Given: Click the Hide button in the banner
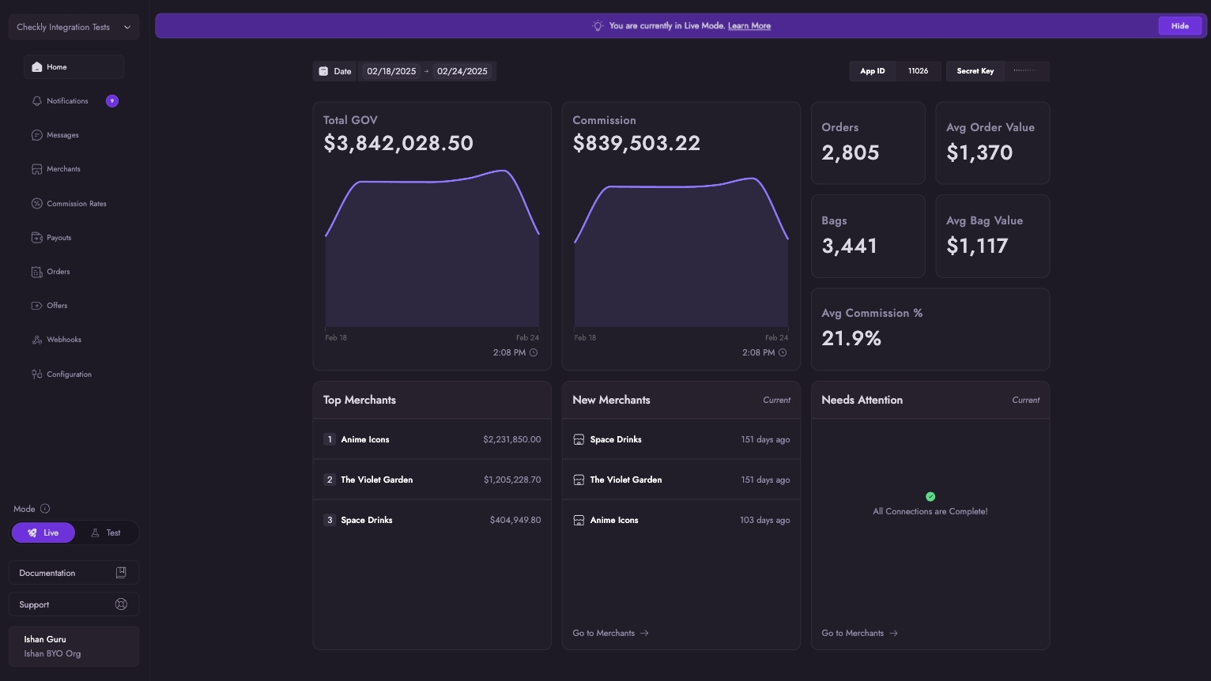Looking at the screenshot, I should (1179, 26).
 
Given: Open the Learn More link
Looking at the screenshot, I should (749, 26).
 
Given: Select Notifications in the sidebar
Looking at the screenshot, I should (67, 101).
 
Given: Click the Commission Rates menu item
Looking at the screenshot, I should (76, 204).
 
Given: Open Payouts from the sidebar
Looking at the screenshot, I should (58, 238).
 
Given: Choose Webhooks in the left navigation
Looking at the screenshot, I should (63, 340).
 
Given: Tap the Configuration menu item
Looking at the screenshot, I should (69, 374).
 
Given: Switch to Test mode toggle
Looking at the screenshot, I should (106, 533).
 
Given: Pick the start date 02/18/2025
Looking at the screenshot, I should (391, 71).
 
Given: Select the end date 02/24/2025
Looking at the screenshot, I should (462, 71).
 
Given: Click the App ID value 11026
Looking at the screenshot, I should (918, 71).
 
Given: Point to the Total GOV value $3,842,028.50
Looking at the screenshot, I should (398, 143).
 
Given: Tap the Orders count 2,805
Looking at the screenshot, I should (850, 152).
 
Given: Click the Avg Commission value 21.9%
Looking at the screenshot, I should (851, 338).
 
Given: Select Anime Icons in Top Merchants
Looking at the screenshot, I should (364, 439).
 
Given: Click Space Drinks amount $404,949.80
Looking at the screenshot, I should (515, 520).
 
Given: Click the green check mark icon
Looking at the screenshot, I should (930, 497).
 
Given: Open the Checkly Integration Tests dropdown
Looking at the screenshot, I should (74, 27).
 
